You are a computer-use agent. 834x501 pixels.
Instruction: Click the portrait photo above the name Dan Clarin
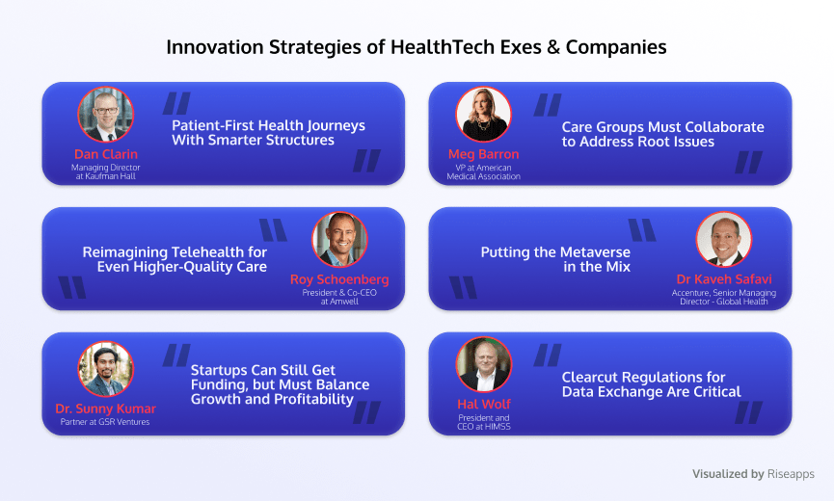tap(105, 115)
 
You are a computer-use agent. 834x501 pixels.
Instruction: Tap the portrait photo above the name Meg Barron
tap(483, 115)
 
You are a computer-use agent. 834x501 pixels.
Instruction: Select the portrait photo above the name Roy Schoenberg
tap(339, 240)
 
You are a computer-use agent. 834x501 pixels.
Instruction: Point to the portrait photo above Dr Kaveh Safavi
tap(724, 240)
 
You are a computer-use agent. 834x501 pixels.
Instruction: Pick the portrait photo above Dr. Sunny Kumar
tap(105, 369)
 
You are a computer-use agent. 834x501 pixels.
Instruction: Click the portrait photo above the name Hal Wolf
tap(483, 364)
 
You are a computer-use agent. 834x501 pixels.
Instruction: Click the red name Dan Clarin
tap(106, 154)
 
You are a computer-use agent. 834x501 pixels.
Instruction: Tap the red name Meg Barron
tap(483, 154)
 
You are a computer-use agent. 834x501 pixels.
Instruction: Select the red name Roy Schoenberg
tap(339, 279)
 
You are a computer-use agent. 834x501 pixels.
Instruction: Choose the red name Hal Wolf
tap(484, 405)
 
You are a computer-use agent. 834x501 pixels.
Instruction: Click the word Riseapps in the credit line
tap(791, 474)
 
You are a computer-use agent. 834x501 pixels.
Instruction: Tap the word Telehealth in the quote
tap(209, 251)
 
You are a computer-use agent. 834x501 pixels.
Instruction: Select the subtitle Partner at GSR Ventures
tap(105, 422)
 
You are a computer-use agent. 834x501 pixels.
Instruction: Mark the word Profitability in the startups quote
tap(313, 399)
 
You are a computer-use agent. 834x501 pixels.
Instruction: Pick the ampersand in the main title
tap(553, 47)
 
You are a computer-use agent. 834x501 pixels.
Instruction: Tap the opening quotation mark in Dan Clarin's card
tap(176, 103)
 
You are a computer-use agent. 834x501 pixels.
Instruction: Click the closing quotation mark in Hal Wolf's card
tap(749, 412)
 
